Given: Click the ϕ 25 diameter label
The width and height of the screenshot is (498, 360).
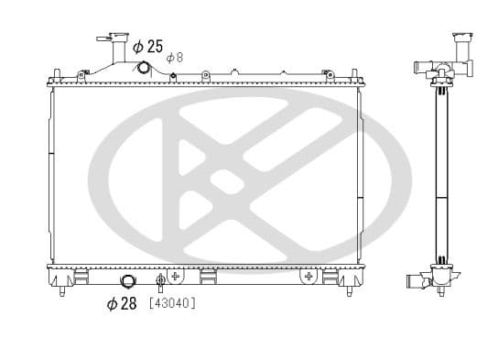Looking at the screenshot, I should tap(147, 45).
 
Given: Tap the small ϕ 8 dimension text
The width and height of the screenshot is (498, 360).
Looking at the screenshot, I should tap(175, 57).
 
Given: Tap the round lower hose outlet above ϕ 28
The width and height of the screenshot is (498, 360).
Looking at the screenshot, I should tap(128, 282).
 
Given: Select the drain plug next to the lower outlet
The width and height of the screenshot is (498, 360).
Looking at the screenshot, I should tap(161, 281).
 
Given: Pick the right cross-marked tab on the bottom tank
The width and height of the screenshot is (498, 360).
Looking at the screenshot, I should tap(309, 275).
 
